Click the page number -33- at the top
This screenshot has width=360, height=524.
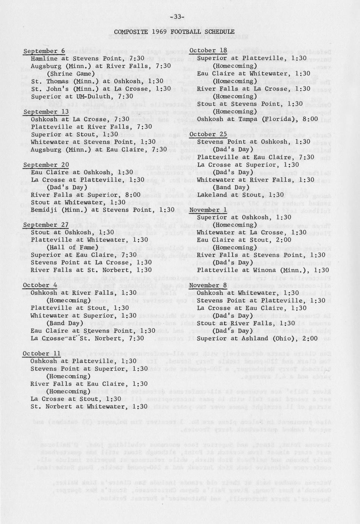[177, 17]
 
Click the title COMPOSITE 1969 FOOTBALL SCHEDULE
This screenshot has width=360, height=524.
[174, 32]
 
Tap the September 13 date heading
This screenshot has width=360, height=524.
[46, 112]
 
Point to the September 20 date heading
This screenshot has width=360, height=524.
[46, 165]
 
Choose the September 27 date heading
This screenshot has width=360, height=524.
[46, 225]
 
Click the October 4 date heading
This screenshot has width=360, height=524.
[40, 285]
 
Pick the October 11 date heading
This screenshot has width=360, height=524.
[42, 354]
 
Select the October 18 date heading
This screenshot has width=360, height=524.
[208, 51]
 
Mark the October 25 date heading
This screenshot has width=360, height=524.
[208, 134]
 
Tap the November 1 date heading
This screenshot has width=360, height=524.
[208, 210]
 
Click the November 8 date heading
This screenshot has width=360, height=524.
[208, 285]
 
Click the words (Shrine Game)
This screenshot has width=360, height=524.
[71, 74]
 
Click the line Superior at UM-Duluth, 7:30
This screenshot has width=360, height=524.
[82, 96]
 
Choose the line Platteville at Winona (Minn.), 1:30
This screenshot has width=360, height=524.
[263, 270]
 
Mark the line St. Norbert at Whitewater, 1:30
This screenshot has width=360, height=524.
[89, 406]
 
